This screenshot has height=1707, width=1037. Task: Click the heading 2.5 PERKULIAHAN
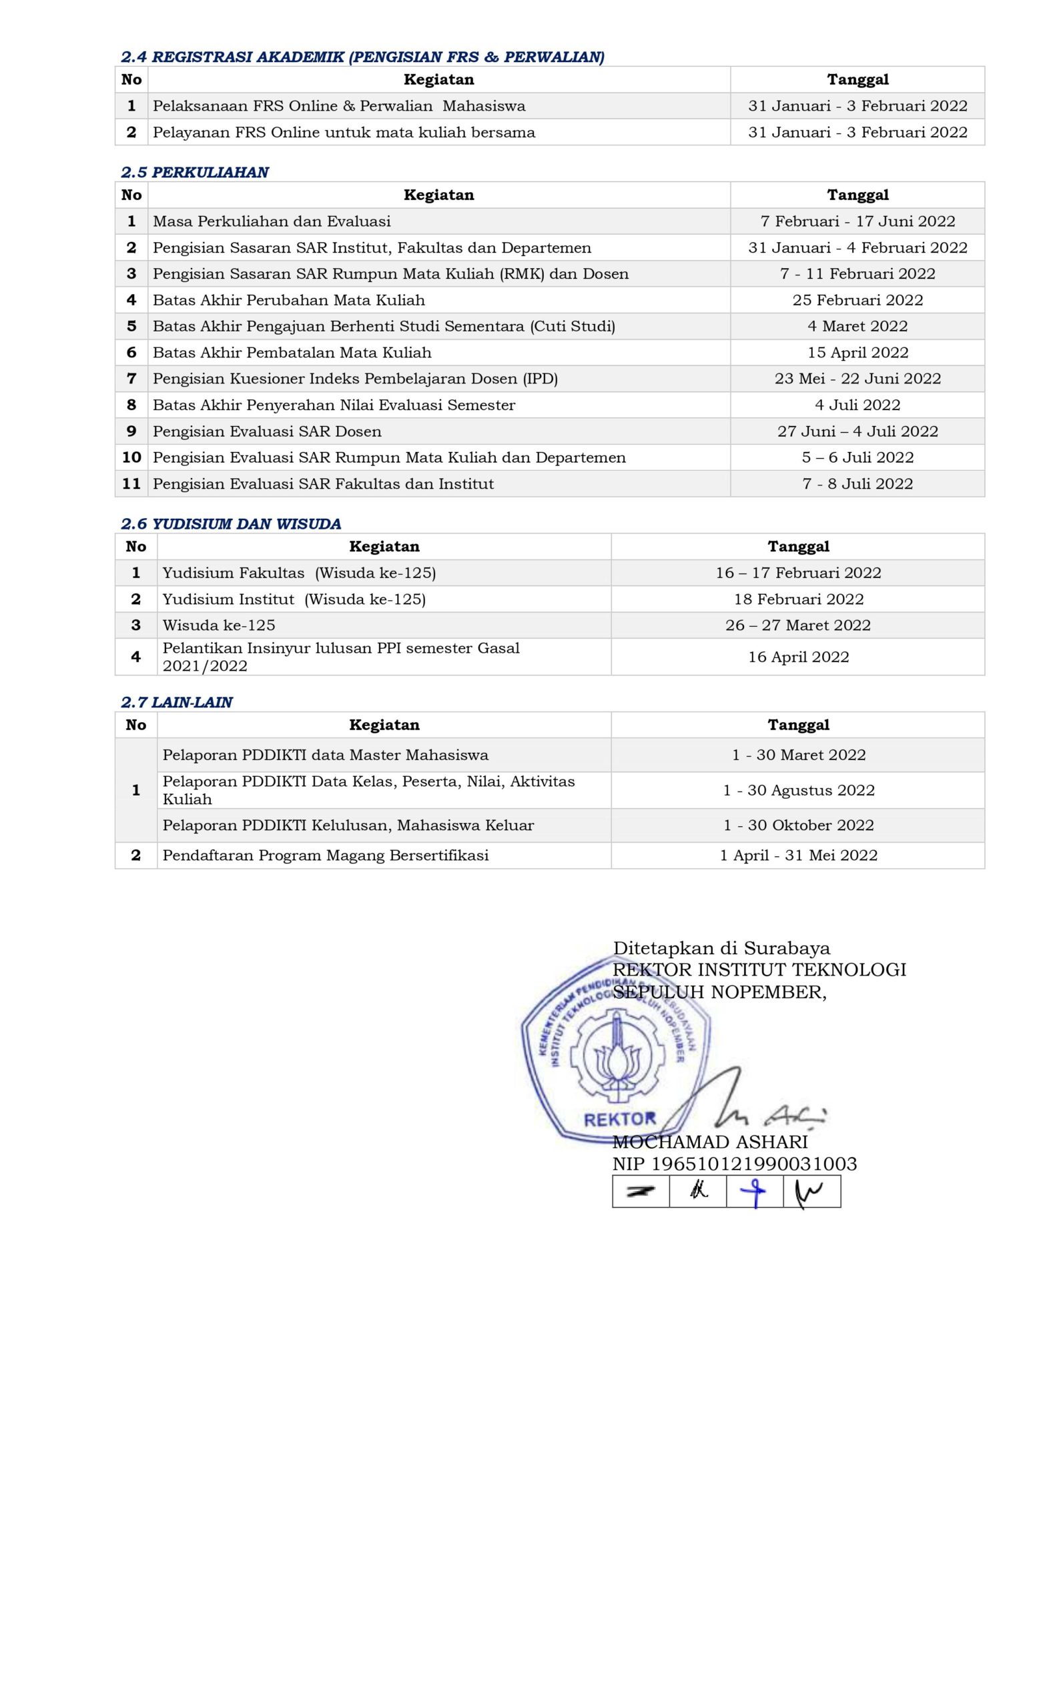pos(194,173)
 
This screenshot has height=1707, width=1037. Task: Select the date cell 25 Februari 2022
pos(857,300)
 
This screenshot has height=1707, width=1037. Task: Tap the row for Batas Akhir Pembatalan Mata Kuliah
pos(292,353)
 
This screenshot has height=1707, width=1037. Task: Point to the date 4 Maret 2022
pos(857,326)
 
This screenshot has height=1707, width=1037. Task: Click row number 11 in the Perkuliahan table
pos(131,483)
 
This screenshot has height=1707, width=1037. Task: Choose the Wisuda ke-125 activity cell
pos(219,625)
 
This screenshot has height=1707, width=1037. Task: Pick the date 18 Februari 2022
pos(799,599)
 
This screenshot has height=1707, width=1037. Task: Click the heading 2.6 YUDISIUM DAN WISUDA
pos(231,523)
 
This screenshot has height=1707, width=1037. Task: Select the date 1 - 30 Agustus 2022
pos(799,790)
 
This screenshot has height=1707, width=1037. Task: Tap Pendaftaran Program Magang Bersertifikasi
pos(326,856)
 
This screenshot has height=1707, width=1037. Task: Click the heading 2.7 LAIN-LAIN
pos(177,703)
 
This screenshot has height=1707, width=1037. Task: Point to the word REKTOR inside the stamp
pos(620,1120)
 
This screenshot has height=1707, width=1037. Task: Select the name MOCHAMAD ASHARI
pos(710,1142)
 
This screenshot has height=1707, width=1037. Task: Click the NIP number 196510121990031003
pos(754,1164)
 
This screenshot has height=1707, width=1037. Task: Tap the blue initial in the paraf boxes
pos(754,1192)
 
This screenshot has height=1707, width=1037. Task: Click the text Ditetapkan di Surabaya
pos(721,948)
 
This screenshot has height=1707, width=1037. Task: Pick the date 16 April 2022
pos(799,657)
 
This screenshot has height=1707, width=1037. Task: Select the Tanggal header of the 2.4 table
pos(857,79)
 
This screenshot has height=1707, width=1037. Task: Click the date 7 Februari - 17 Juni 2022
pos(857,221)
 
